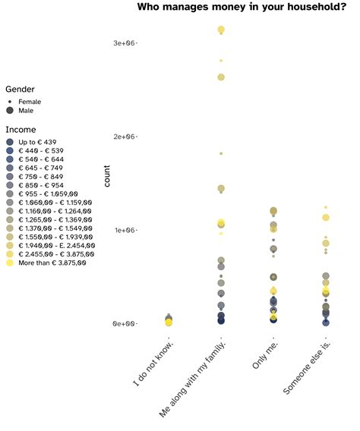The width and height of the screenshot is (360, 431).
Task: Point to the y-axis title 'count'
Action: click(x=106, y=177)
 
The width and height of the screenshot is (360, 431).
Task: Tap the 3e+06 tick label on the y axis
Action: click(x=124, y=43)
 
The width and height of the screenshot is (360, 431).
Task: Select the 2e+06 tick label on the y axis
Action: click(x=124, y=137)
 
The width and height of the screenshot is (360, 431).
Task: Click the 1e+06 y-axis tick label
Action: click(x=124, y=230)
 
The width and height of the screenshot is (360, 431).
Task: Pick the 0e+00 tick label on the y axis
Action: click(x=124, y=324)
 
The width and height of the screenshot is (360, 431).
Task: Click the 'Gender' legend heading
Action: click(x=20, y=90)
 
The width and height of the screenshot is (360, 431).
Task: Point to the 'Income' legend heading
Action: click(x=21, y=130)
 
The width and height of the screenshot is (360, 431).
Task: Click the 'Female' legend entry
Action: click(x=30, y=102)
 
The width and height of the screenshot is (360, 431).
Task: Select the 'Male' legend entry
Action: click(x=26, y=111)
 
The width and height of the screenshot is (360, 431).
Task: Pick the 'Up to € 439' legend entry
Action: click(x=37, y=142)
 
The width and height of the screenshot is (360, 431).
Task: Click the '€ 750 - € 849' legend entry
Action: click(x=41, y=177)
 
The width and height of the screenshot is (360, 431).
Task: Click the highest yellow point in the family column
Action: click(x=221, y=30)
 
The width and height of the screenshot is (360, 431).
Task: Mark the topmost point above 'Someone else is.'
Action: click(x=326, y=206)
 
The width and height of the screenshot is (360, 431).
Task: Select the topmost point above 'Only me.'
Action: click(x=273, y=217)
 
